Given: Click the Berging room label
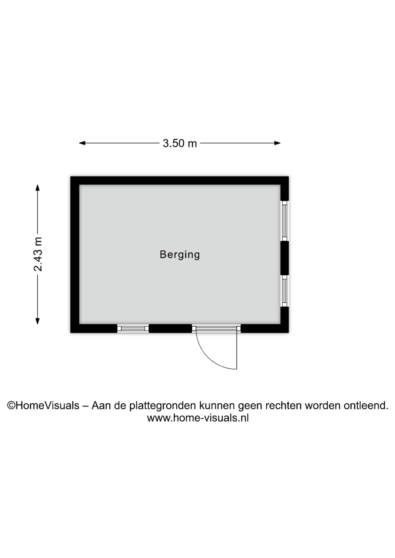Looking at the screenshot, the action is point(180,255).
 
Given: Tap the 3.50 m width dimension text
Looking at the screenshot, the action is point(180,143).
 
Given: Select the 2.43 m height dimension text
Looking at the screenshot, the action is point(38,255).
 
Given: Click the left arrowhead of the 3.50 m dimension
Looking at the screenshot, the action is point(82,143).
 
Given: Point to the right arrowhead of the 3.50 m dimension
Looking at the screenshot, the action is point(277,143).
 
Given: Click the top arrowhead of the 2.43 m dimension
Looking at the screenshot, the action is point(37,187).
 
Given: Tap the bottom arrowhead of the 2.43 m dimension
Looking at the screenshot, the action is point(37,321).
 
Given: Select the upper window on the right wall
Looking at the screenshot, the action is point(284,221).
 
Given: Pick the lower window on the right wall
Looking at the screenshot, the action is point(284,291).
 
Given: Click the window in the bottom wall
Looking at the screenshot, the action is point(133,329).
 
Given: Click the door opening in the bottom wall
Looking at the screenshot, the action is point(216,329).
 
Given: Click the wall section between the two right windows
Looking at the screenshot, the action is point(285,258).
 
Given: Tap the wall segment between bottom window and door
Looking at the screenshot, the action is point(170,329).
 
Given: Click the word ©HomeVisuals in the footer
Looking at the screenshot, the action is point(43,405).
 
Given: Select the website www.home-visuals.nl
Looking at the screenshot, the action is point(197,418).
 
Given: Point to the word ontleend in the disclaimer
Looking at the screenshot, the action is point(366,405).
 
